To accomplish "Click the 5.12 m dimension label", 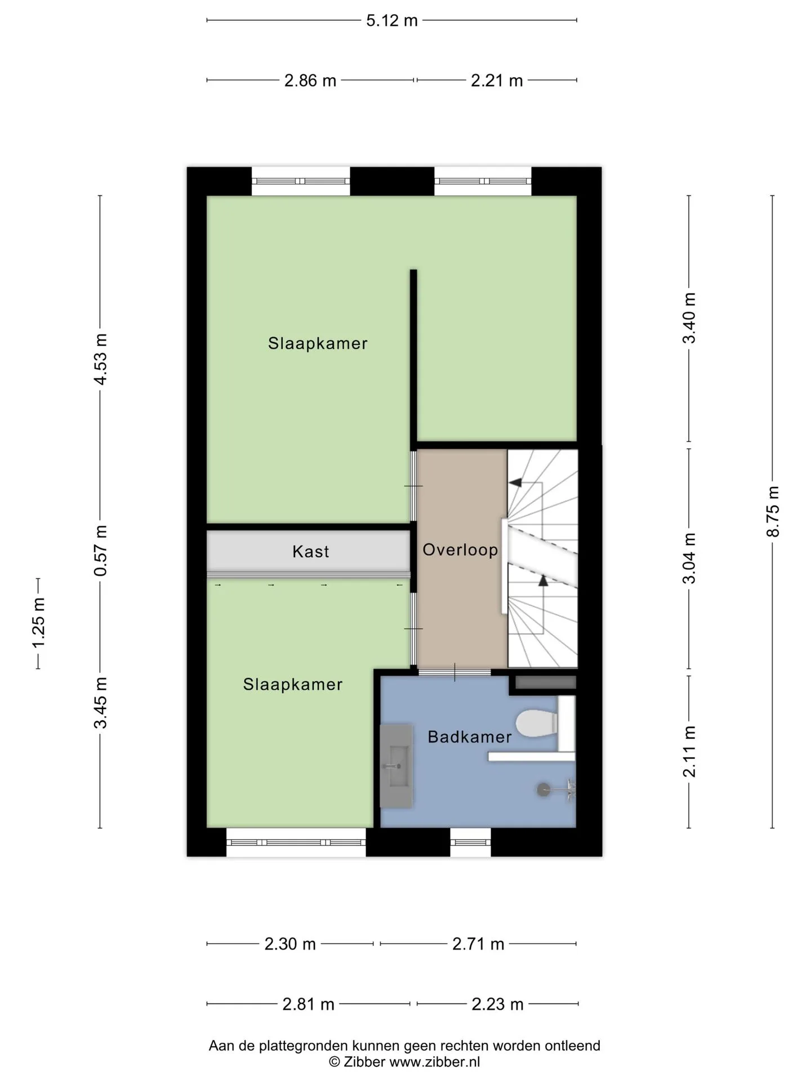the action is tap(392, 21).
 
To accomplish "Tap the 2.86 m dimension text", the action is tap(310, 81).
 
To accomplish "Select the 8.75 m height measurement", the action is tap(773, 511).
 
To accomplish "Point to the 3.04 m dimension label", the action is tap(689, 558).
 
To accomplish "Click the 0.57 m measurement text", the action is tap(100, 550).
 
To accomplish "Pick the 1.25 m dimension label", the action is tap(38, 623).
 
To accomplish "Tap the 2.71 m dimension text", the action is tap(478, 944).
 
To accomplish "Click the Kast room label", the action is tap(311, 552).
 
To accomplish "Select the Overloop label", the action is tap(460, 550).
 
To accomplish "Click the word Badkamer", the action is tap(470, 737).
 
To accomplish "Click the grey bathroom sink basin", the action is tap(396, 766).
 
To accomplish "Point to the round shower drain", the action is tap(543, 790).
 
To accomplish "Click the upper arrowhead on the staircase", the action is tap(515, 483).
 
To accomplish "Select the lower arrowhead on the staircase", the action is tap(543, 580).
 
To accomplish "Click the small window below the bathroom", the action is tap(470, 843).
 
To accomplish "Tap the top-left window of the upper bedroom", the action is tap(301, 181).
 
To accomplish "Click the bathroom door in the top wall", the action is tap(454, 672).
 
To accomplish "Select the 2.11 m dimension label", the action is tap(689, 752).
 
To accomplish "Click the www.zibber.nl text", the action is tap(435, 1062).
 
